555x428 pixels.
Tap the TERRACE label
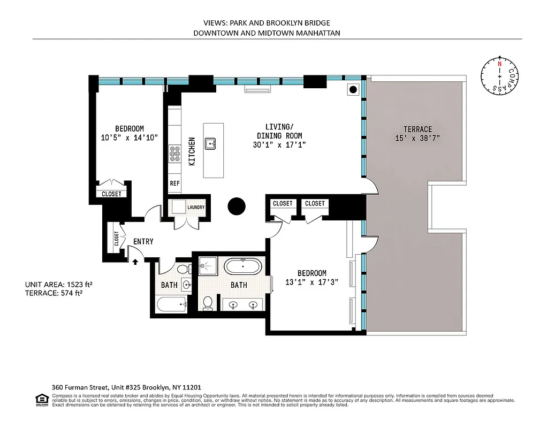417,129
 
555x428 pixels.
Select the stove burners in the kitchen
174,154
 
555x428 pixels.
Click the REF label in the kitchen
174,184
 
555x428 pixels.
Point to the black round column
236,205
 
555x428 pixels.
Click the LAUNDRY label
195,208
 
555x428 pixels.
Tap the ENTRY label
143,242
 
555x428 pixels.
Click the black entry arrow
135,262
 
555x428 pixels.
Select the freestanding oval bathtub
243,266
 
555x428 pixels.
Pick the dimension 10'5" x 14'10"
130,137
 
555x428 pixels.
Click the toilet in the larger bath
208,303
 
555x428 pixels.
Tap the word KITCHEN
191,151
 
